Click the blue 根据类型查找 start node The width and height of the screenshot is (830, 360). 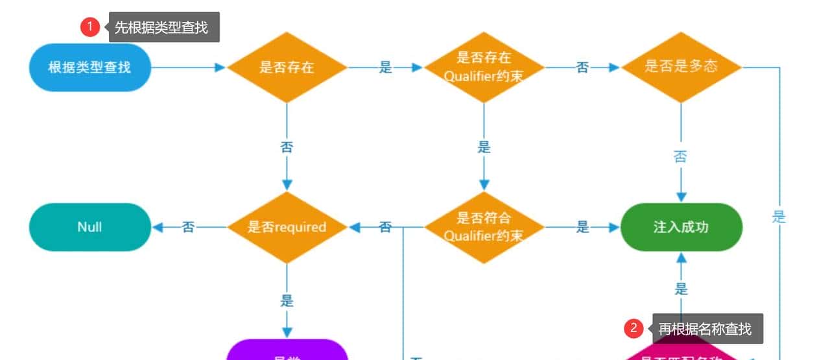[x=90, y=67]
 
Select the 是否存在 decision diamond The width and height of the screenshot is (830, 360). [x=287, y=67]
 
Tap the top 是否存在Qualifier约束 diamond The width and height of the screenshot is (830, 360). [x=484, y=67]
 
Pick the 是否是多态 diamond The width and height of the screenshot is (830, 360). [x=681, y=67]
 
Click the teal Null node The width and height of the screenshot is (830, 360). [x=90, y=227]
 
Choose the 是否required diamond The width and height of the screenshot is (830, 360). [x=287, y=227]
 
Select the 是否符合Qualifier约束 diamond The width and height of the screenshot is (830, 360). [x=484, y=227]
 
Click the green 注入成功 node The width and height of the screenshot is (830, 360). [x=681, y=227]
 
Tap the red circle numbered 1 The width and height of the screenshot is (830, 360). [x=89, y=27]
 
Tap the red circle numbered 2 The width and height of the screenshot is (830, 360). [x=634, y=329]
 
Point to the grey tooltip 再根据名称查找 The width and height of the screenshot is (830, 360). [x=705, y=329]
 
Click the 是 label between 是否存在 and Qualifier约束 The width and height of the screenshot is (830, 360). [x=386, y=67]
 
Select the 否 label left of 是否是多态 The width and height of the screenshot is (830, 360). [x=582, y=67]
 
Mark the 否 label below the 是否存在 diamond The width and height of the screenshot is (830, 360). [x=287, y=147]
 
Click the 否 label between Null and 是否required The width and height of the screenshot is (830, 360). [x=188, y=227]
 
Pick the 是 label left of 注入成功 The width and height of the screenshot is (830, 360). [x=583, y=227]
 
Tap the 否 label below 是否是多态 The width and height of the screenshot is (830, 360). [x=680, y=157]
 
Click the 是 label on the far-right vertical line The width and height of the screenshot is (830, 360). [x=779, y=217]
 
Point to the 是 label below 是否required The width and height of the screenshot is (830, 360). [x=287, y=301]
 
